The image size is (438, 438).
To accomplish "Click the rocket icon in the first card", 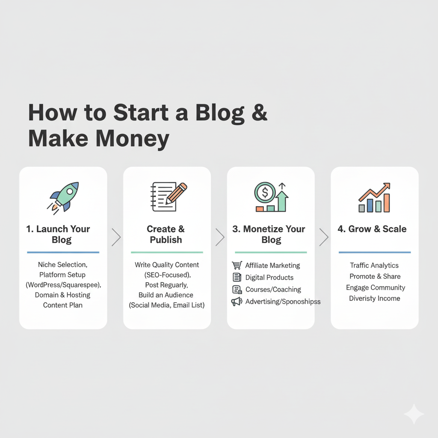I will [x=64, y=197].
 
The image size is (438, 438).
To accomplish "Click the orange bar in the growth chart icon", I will [x=386, y=203].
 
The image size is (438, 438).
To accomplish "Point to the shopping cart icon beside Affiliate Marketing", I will [x=237, y=266].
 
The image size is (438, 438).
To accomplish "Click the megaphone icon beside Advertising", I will [x=237, y=302].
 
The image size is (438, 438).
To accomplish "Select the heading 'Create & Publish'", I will [x=166, y=234].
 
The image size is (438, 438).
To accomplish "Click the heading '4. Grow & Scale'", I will [x=372, y=229].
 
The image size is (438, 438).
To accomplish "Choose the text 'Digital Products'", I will [x=269, y=278].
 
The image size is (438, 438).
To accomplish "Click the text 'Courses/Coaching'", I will [x=273, y=290].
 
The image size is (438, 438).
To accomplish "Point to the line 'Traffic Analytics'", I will [x=374, y=266].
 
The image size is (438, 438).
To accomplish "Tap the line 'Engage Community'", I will [x=376, y=287].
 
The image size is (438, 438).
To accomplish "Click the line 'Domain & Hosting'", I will [x=62, y=295].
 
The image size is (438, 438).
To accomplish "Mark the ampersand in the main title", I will [x=257, y=112].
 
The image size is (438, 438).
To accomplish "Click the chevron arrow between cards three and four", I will [x=324, y=237].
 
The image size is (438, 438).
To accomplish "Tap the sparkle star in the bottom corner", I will [x=414, y=414].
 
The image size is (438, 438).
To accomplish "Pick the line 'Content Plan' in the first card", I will [x=62, y=305].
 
